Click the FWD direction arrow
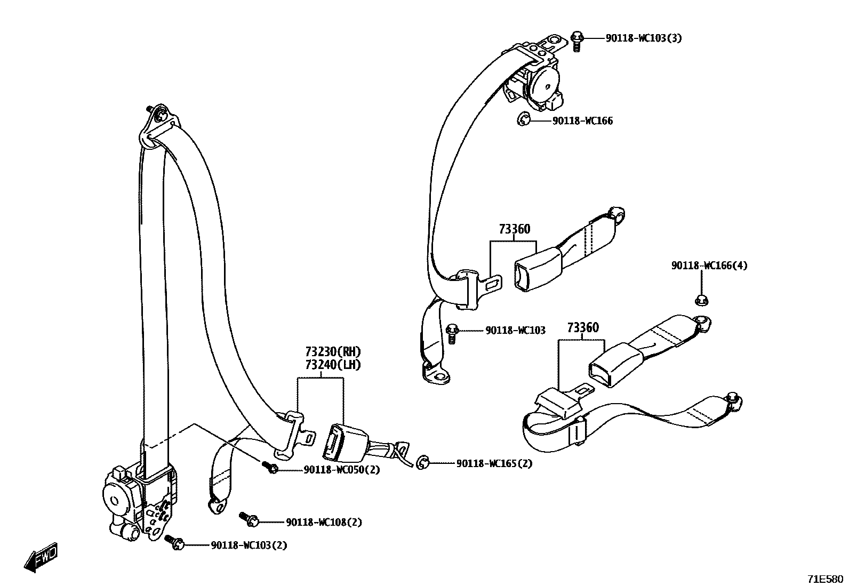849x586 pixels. [41, 558]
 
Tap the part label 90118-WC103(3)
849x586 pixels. [643, 38]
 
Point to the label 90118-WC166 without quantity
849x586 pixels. [582, 121]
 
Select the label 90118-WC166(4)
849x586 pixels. [709, 266]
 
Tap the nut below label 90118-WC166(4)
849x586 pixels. [702, 300]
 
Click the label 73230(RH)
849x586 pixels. [333, 352]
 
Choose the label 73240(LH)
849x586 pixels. [333, 365]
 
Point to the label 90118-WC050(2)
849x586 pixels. [342, 470]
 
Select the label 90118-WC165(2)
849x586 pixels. [494, 464]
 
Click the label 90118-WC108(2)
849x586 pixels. [324, 523]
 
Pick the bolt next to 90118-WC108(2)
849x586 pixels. [249, 518]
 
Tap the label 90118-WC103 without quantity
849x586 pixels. [515, 331]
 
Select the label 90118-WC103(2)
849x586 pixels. [249, 545]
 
